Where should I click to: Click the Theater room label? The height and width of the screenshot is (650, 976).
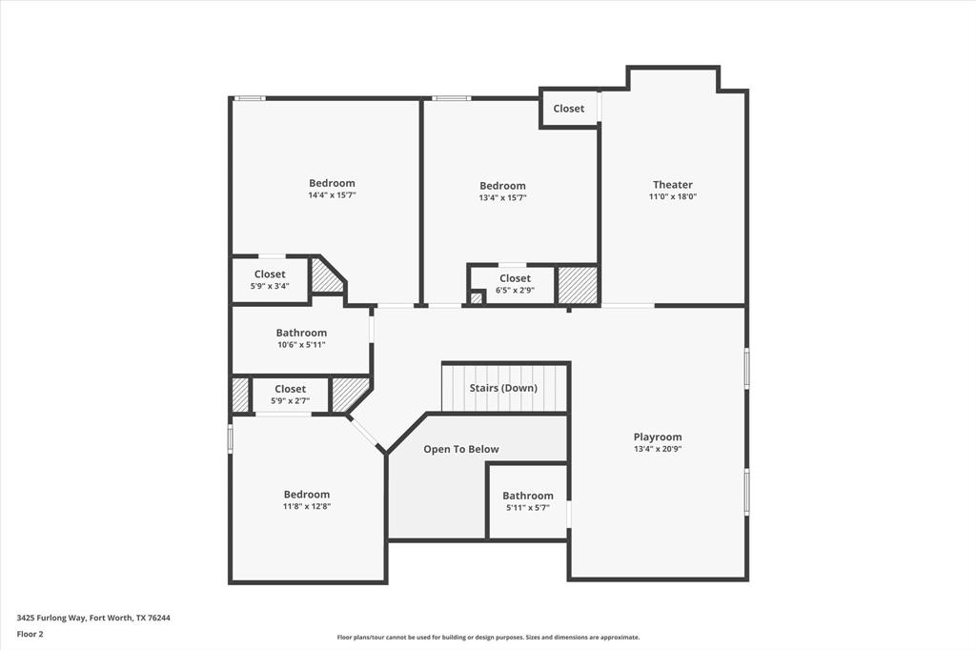pyautogui.click(x=672, y=185)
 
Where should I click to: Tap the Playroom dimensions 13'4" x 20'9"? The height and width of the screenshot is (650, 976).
pyautogui.click(x=658, y=449)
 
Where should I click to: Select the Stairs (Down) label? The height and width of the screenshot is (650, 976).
pyautogui.click(x=503, y=388)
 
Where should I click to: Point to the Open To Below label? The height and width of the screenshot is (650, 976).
pyautogui.click(x=461, y=449)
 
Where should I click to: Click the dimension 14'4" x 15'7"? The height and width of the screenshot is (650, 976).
pyautogui.click(x=332, y=195)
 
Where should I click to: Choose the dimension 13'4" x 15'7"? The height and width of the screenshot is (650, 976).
pyautogui.click(x=502, y=198)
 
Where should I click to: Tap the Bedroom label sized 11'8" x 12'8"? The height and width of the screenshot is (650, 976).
pyautogui.click(x=307, y=495)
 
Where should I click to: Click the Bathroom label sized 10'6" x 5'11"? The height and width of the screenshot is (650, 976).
pyautogui.click(x=301, y=333)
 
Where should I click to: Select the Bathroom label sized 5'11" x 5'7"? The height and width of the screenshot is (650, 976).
pyautogui.click(x=528, y=496)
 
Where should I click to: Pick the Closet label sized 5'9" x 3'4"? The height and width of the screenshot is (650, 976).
pyautogui.click(x=270, y=274)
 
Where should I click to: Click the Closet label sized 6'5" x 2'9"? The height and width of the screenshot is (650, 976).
pyautogui.click(x=515, y=278)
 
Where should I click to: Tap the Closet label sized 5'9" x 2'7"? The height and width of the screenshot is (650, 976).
pyautogui.click(x=291, y=389)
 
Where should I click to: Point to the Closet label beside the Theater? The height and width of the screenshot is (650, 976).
pyautogui.click(x=569, y=109)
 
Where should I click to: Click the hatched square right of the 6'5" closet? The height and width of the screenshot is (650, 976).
pyautogui.click(x=578, y=285)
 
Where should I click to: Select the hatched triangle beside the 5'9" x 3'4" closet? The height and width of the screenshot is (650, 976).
pyautogui.click(x=325, y=279)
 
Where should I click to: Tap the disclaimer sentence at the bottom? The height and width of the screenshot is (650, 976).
pyautogui.click(x=488, y=638)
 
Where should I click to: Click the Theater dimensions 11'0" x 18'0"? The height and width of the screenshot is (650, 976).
pyautogui.click(x=672, y=197)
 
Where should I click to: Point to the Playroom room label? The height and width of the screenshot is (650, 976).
pyautogui.click(x=658, y=437)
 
